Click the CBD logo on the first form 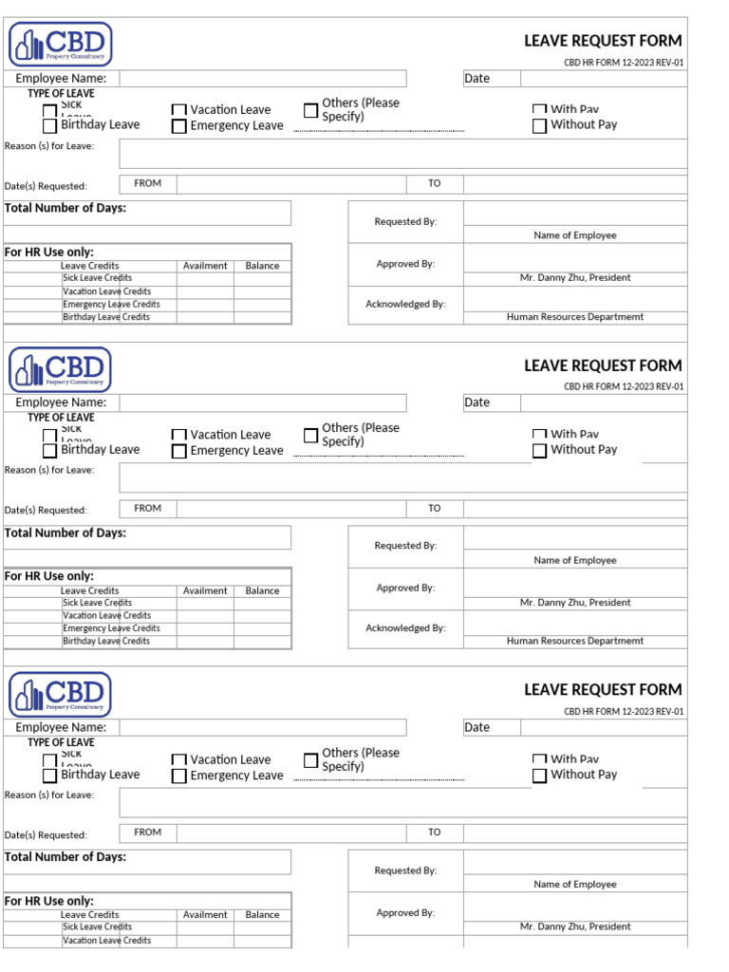(x=61, y=45)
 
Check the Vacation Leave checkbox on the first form (x=178, y=111)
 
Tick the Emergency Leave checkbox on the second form (x=178, y=452)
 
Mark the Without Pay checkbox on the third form (x=539, y=776)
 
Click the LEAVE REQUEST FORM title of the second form (x=603, y=365)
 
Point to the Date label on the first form (x=477, y=79)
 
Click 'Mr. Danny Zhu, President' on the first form (x=574, y=278)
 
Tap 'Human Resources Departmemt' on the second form (x=574, y=641)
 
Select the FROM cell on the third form (x=148, y=832)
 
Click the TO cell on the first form (x=434, y=183)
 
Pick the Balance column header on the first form (x=262, y=266)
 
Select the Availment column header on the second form (x=205, y=590)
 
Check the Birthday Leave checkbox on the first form (x=49, y=126)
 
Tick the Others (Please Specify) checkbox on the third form (x=310, y=760)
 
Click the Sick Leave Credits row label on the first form (x=97, y=278)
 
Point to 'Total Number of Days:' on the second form (x=65, y=533)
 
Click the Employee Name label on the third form (x=61, y=727)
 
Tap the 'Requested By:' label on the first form (x=405, y=221)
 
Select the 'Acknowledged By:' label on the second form (x=405, y=628)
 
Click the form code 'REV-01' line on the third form (x=624, y=711)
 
